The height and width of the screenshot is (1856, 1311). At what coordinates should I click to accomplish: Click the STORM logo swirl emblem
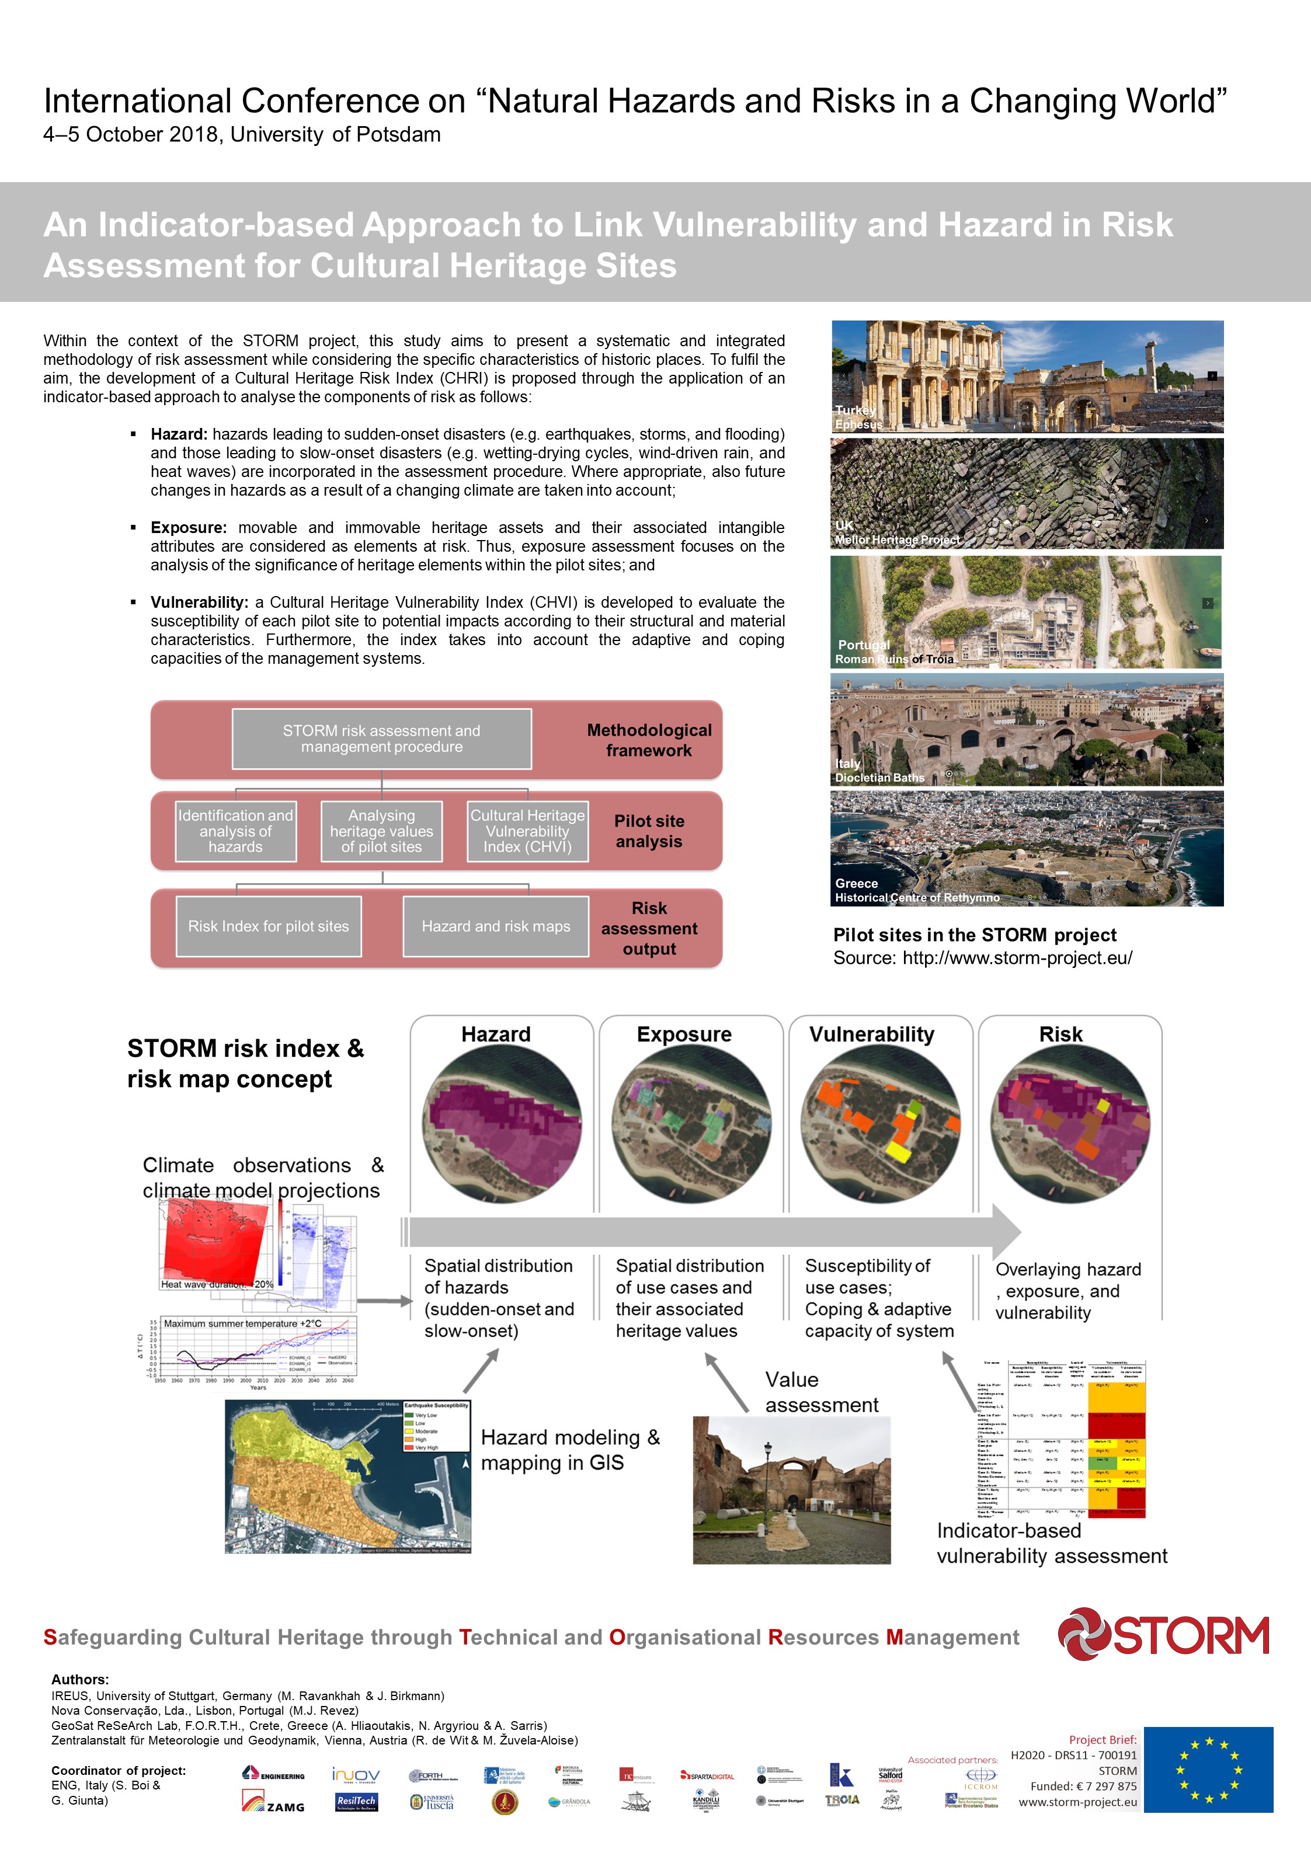click(1084, 1635)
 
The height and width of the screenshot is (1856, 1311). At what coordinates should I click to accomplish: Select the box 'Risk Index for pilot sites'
click(269, 927)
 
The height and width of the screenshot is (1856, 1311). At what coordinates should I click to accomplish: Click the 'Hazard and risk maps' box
click(496, 927)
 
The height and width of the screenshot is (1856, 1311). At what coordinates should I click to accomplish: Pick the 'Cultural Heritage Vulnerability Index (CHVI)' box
click(527, 831)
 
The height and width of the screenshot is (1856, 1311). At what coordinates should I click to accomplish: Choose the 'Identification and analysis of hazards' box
click(235, 831)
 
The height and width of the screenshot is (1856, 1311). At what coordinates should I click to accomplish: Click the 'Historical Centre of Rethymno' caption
click(917, 897)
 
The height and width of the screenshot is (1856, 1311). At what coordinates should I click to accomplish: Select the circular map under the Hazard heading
click(502, 1124)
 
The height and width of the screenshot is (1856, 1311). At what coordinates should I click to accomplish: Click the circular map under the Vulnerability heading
click(881, 1124)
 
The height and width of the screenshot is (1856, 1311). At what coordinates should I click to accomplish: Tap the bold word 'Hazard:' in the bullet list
click(179, 434)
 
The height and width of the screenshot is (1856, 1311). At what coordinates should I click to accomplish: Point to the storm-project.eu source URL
click(1017, 958)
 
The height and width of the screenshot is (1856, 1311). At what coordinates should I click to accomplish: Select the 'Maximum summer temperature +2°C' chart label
click(242, 1324)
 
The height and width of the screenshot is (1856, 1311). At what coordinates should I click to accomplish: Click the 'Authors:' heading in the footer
click(80, 1679)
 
